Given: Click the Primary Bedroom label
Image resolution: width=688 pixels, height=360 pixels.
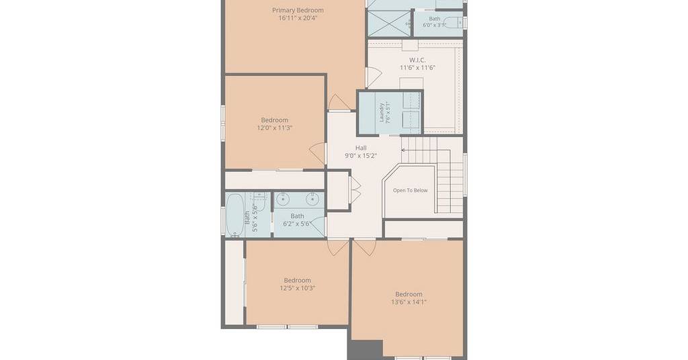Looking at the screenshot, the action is tap(298, 10).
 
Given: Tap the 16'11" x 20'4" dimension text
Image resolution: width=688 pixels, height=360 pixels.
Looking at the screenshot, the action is tap(298, 18).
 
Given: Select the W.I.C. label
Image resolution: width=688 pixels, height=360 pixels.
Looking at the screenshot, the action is tap(417, 60).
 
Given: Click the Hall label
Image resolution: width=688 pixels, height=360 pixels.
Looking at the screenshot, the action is tap(361, 148).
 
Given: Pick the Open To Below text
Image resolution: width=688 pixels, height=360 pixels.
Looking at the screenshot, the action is tap(411, 190).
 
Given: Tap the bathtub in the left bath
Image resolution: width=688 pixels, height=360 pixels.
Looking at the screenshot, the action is tap(234, 216).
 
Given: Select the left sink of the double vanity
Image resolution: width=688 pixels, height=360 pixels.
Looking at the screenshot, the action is tap(283, 199).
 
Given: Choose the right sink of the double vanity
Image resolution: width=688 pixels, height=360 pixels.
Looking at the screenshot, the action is tap(312, 199).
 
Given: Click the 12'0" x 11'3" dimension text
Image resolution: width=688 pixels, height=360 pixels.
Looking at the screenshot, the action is tap(275, 128).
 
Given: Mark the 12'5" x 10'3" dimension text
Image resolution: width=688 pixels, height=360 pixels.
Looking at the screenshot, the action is tap(298, 288).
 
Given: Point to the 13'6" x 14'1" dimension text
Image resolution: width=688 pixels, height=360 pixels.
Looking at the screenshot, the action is tap(408, 302).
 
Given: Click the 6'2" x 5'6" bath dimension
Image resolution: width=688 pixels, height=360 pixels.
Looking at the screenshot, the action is tap(297, 224).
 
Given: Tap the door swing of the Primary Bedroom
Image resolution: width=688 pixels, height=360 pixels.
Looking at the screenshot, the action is tap(339, 103).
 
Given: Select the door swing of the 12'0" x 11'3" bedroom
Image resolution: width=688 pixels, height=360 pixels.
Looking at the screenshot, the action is tap(317, 154).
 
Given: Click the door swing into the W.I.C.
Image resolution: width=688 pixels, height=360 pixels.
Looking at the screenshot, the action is tap(374, 77).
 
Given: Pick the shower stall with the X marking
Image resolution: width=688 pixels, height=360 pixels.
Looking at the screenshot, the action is tap(389, 23).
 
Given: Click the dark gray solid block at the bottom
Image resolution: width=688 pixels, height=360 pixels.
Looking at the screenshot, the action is tap(365, 349).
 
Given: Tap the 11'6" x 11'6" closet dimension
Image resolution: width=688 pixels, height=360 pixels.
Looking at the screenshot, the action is tap(417, 68).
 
